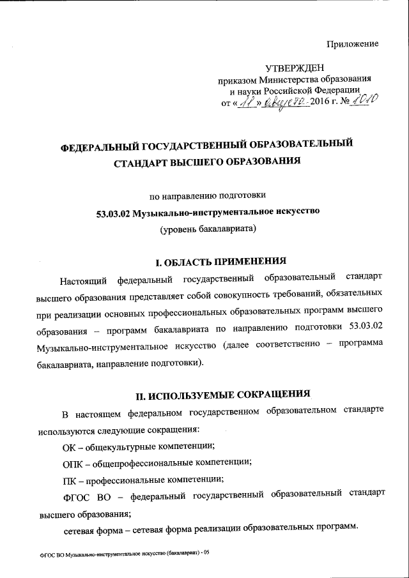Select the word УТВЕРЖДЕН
(x=295, y=68)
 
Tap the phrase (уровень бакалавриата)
(x=207, y=228)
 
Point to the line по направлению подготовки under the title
(x=206, y=194)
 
